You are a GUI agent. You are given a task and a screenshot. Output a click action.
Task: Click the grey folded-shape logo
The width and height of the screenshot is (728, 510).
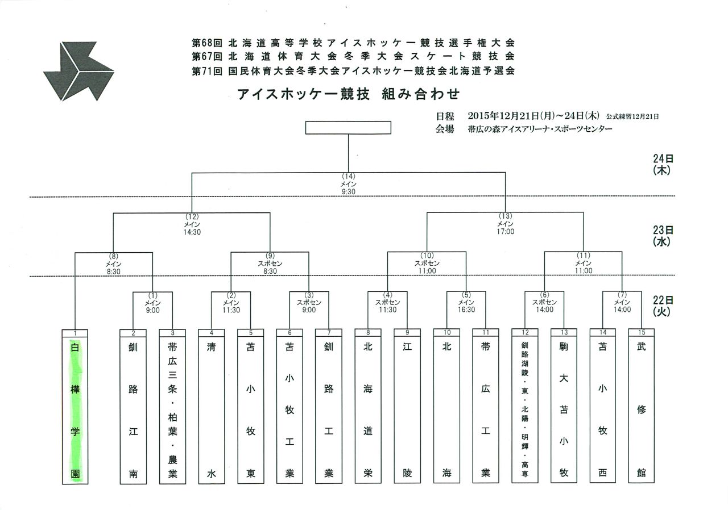(x=78, y=71)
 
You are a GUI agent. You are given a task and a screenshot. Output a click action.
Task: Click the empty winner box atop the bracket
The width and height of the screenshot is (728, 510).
(x=348, y=127)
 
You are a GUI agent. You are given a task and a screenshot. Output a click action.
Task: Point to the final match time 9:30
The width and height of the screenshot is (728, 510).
(x=349, y=192)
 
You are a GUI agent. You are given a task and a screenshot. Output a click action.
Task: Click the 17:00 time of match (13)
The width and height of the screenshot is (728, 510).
(x=506, y=232)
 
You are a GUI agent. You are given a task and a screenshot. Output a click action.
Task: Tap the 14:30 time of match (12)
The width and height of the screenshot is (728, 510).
(x=192, y=232)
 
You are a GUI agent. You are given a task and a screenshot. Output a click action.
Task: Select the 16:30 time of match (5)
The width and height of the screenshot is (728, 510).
(x=466, y=310)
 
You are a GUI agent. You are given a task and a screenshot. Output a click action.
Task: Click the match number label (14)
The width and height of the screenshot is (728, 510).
(x=349, y=176)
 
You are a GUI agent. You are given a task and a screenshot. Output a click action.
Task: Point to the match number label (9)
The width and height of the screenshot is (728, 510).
(x=270, y=256)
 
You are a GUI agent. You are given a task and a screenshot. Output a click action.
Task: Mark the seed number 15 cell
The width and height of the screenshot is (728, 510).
(x=641, y=332)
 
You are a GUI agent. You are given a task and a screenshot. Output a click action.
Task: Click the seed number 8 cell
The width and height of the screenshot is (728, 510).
(x=368, y=333)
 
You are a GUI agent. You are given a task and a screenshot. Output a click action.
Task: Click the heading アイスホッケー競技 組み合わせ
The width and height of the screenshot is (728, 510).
(x=349, y=94)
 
